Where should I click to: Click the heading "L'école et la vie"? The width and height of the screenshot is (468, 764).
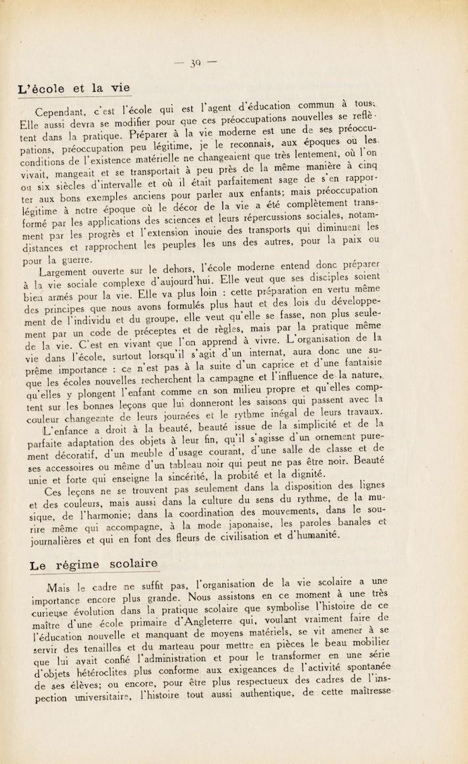[74, 88]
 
